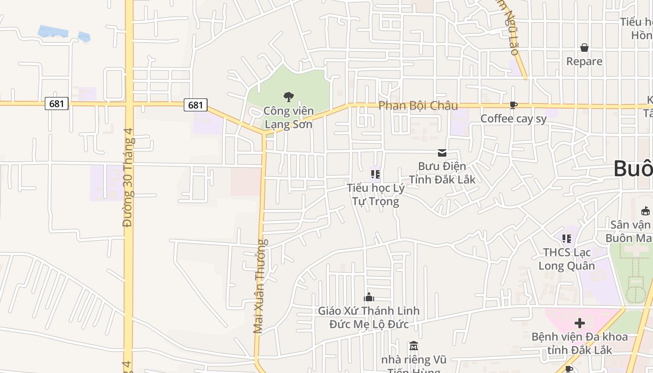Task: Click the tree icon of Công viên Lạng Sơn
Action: click(288, 97)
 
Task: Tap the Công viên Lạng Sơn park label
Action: click(288, 117)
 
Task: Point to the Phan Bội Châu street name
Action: click(418, 106)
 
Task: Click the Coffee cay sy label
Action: click(513, 119)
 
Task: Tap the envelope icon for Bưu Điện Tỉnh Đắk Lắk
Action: click(442, 152)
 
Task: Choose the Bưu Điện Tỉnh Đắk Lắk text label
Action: click(442, 173)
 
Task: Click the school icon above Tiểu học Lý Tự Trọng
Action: click(375, 174)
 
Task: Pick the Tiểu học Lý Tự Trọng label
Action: click(375, 194)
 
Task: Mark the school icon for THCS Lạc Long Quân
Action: click(567, 239)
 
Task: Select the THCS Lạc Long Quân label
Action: click(567, 259)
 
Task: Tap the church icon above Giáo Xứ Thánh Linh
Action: click(369, 297)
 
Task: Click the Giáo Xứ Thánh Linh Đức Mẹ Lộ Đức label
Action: click(369, 318)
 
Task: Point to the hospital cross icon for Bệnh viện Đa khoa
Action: click(580, 323)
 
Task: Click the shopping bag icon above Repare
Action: click(584, 48)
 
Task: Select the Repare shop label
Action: click(584, 62)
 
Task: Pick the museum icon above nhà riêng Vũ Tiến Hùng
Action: click(413, 346)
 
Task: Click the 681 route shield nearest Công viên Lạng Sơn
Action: click(195, 105)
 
